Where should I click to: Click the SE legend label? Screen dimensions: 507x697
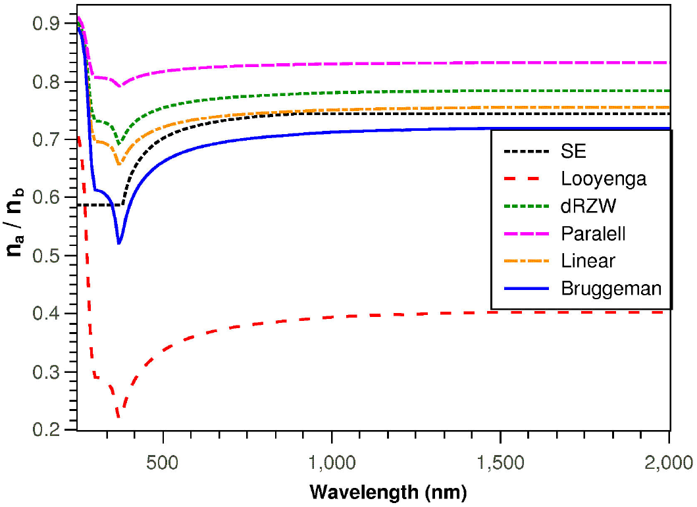coord(574,152)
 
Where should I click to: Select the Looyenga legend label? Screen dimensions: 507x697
coord(604,179)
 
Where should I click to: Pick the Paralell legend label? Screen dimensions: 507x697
coord(593,233)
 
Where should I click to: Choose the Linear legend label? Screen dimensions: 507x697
coord(588,260)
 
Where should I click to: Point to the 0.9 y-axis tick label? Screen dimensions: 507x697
coord(45,24)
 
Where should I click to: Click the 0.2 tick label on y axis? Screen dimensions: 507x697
coord(45,430)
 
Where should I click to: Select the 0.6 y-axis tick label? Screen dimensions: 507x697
coord(45,198)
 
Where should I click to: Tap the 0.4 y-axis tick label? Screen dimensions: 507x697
coord(45,314)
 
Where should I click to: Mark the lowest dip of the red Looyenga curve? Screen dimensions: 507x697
coord(118,417)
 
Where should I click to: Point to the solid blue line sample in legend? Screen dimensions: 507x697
coord(526,288)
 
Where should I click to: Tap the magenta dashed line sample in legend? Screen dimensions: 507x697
coord(526,233)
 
